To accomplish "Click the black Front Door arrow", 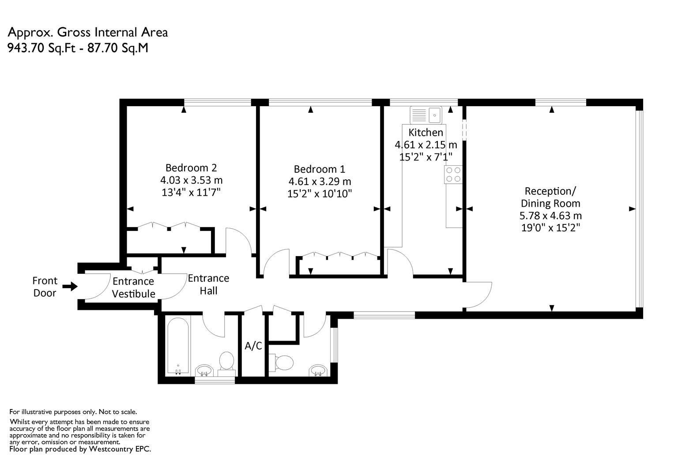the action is pyautogui.click(x=70, y=286).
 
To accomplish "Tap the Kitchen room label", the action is pyautogui.click(x=425, y=132).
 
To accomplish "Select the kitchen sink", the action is pyautogui.click(x=426, y=115).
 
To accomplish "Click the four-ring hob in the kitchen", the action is pyautogui.click(x=453, y=175).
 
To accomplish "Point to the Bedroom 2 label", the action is pyautogui.click(x=191, y=167).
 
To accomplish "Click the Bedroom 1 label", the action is pyautogui.click(x=319, y=169).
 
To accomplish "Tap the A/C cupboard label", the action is pyautogui.click(x=253, y=346).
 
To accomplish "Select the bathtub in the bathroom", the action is pyautogui.click(x=178, y=346).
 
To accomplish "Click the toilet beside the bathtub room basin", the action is pyautogui.click(x=226, y=364).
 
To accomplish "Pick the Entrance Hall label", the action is pyautogui.click(x=208, y=284).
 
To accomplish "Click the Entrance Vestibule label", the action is pyautogui.click(x=133, y=287).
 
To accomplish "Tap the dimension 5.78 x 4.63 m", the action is pyautogui.click(x=550, y=216).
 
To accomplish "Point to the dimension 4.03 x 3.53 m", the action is pyautogui.click(x=191, y=180).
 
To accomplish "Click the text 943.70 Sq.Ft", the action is pyautogui.click(x=41, y=48).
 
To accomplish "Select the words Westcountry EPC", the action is pyautogui.click(x=120, y=449).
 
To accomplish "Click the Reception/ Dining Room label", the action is pyautogui.click(x=550, y=197).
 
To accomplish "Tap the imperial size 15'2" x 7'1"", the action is pyautogui.click(x=425, y=157).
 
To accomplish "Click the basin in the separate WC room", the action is pyautogui.click(x=318, y=370).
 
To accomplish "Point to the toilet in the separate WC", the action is pyautogui.click(x=281, y=362).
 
